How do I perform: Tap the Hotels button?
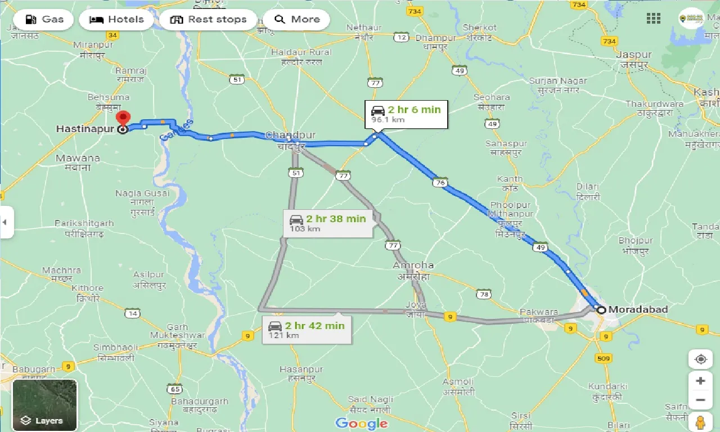116,20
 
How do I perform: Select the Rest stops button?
208,20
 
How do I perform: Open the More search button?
297,20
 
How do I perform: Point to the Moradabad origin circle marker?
601,310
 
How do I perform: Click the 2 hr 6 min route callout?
406,114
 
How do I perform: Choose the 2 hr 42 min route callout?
307,330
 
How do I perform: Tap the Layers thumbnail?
44,405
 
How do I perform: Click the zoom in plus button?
700,381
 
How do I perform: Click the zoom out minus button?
700,400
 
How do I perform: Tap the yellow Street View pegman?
700,422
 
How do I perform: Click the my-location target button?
700,359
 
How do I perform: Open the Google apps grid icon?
654,19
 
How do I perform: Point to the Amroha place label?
413,265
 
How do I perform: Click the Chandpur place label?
290,136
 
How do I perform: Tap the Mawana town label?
78,159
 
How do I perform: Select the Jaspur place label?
633,55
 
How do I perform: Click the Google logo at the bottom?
361,424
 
